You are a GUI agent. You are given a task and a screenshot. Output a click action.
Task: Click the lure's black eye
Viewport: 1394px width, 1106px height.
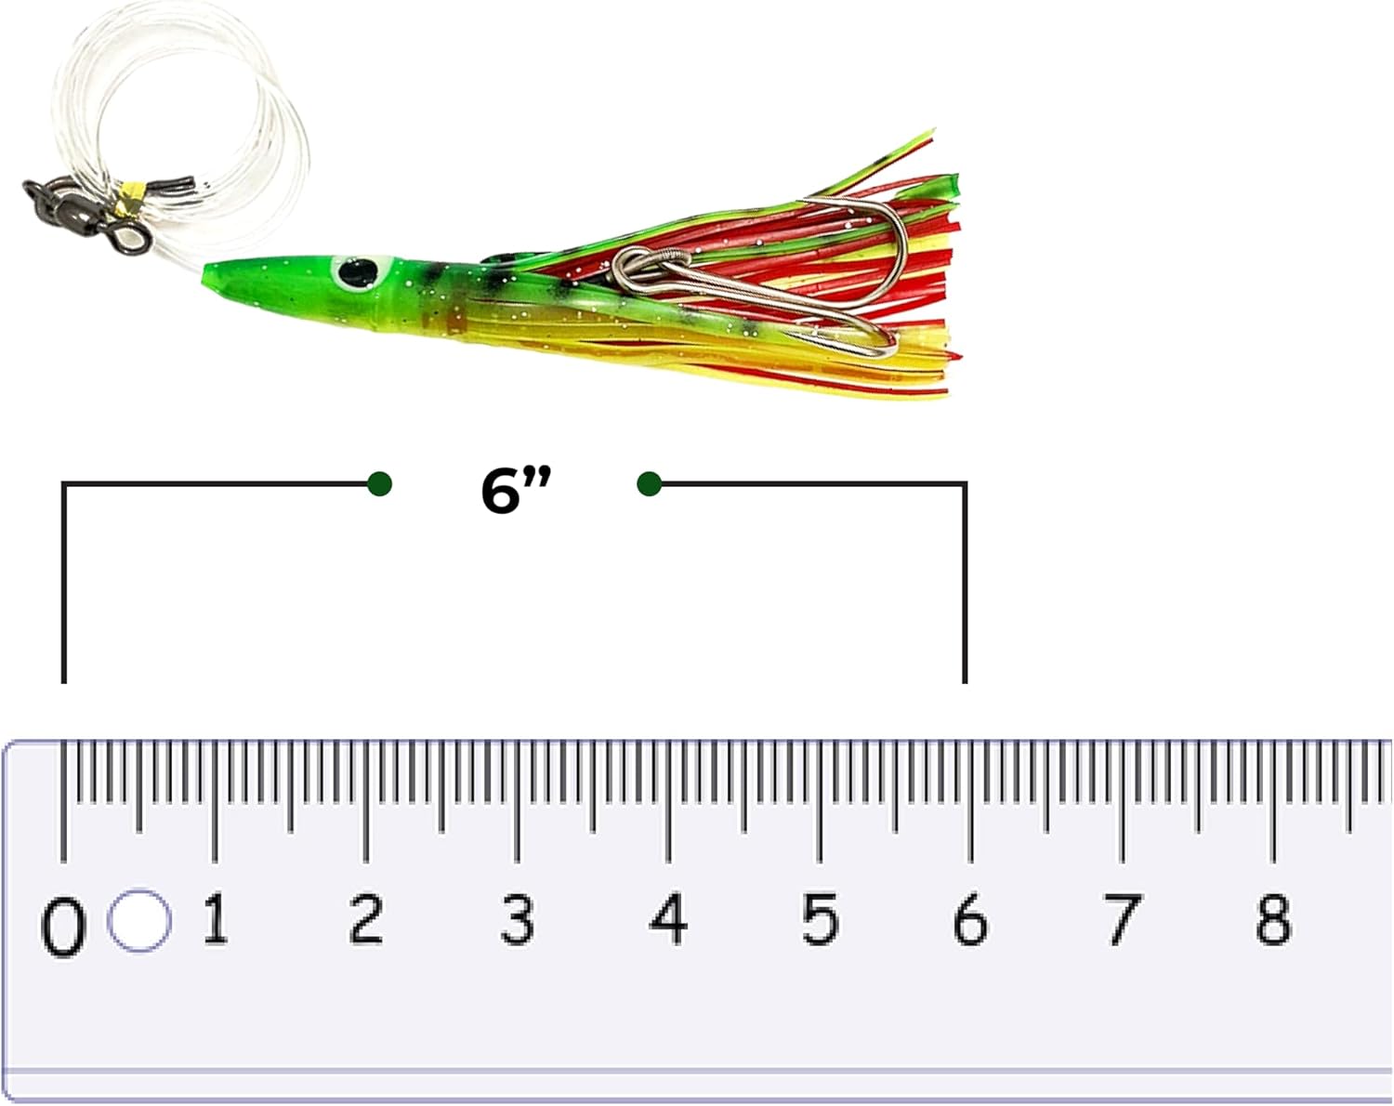354,272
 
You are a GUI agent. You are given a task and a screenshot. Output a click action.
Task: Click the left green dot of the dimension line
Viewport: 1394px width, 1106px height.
379,483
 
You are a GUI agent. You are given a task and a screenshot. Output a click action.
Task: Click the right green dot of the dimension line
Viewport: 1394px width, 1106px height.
650,483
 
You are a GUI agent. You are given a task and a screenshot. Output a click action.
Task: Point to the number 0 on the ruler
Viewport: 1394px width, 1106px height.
63,928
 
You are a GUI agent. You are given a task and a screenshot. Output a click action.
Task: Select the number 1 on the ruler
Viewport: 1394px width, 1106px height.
215,919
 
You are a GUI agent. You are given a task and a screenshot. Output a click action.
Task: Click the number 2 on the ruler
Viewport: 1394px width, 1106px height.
366,919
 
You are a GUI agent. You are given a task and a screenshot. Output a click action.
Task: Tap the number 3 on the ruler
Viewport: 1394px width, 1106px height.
517,919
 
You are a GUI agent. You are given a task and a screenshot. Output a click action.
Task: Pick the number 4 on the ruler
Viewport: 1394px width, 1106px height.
668,919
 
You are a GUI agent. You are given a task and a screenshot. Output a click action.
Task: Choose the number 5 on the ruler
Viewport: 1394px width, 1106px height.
820,919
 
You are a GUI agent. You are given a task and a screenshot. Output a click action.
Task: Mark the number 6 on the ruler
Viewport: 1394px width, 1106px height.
970,919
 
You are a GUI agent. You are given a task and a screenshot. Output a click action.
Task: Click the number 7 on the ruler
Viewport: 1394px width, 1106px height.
1122,919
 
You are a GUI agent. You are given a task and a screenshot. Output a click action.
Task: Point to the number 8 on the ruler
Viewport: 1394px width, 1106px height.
1273,919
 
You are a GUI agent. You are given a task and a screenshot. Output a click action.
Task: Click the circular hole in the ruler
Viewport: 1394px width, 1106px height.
139,921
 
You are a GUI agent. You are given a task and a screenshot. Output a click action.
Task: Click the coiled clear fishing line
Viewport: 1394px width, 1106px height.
186,84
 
